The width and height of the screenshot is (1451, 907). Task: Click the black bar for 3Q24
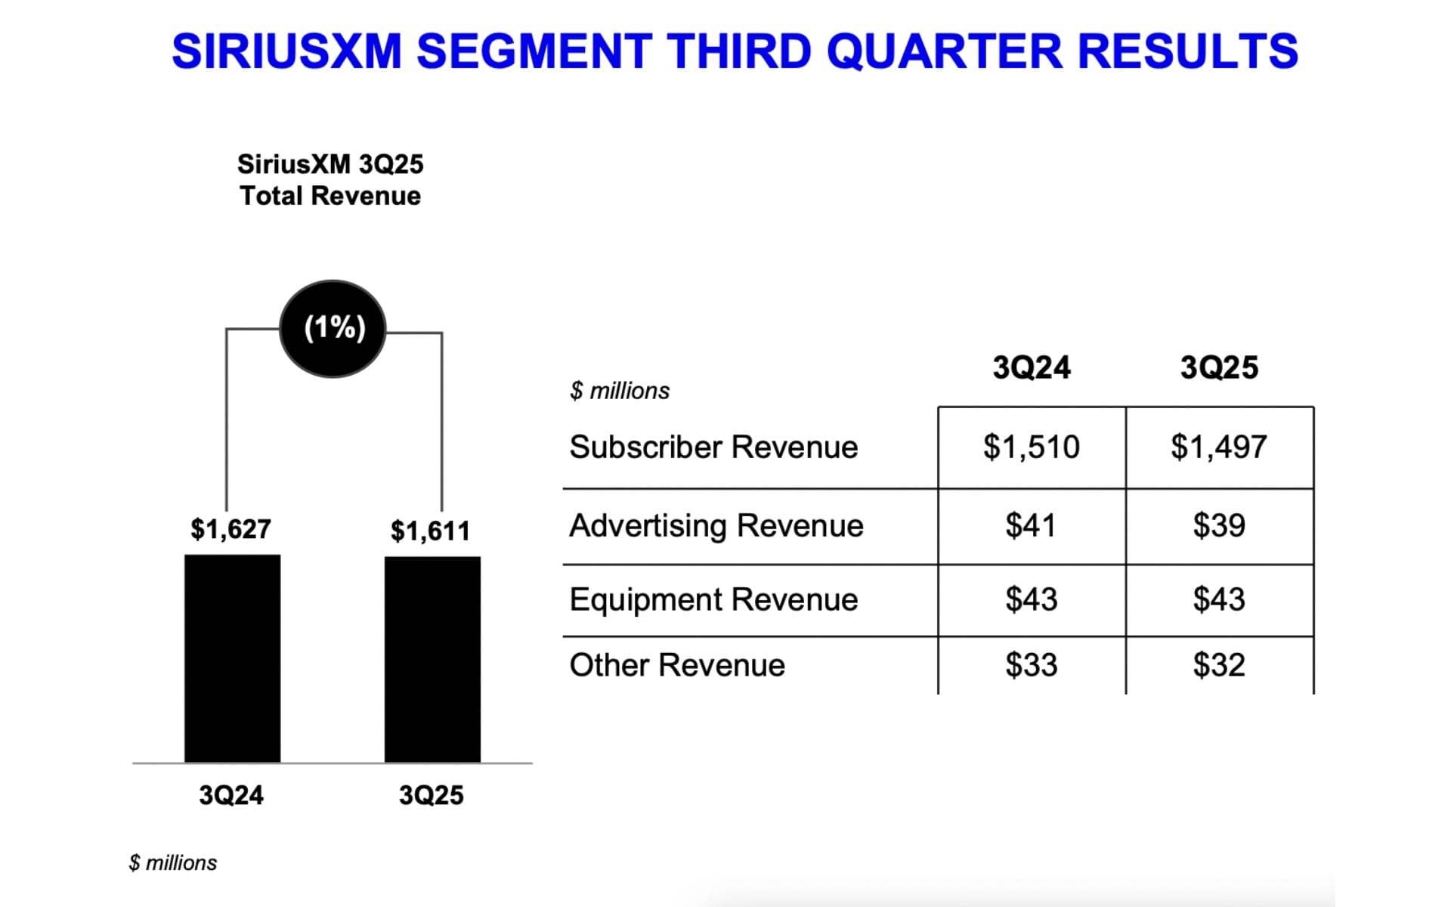tap(232, 658)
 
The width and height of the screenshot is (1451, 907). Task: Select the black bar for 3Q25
tap(432, 659)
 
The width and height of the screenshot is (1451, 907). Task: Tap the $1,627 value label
tap(230, 529)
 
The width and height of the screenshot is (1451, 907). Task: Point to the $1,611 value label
tap(430, 531)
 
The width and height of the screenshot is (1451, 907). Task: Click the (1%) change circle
tap(333, 328)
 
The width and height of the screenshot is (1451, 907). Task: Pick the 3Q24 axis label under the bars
tap(231, 795)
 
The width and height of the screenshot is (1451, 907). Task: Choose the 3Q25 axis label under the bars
tap(431, 795)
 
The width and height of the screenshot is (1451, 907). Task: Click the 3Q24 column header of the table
tap(1031, 368)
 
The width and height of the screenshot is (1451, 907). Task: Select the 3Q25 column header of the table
tap(1219, 368)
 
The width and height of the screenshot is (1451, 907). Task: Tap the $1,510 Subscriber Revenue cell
tap(1031, 447)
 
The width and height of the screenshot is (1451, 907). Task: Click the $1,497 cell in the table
tap(1219, 447)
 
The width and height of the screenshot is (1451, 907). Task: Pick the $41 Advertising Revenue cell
tap(1031, 525)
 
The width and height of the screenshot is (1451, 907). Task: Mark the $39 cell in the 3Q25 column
tap(1219, 525)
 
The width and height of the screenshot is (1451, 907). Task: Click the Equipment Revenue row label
tap(713, 599)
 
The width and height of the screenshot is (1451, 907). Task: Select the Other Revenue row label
tap(677, 665)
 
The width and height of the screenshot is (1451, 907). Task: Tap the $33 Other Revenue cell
tap(1031, 665)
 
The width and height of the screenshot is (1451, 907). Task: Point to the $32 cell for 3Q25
tap(1219, 665)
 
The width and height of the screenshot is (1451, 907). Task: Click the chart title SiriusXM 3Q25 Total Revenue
tap(330, 180)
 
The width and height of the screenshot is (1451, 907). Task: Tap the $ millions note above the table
tap(620, 391)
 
